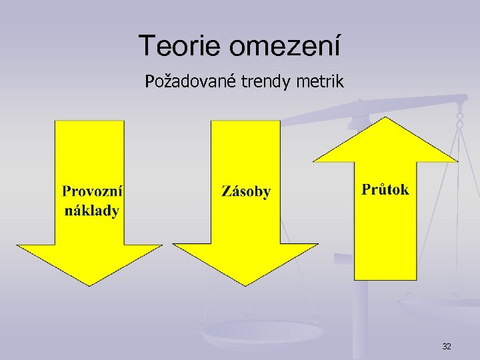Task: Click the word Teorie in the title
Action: tap(181, 46)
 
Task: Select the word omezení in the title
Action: tap(285, 46)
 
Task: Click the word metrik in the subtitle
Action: tap(319, 83)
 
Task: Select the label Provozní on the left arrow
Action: tap(92, 191)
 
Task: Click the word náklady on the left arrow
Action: tap(92, 211)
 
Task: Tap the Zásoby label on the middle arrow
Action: tap(246, 192)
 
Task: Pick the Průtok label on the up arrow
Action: tap(385, 189)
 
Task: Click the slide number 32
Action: tap(447, 346)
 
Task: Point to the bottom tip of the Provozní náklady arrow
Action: tap(90, 285)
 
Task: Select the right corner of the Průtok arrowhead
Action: tap(457, 161)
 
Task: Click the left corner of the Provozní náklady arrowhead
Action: tap(18, 245)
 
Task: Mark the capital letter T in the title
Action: tap(147, 46)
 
